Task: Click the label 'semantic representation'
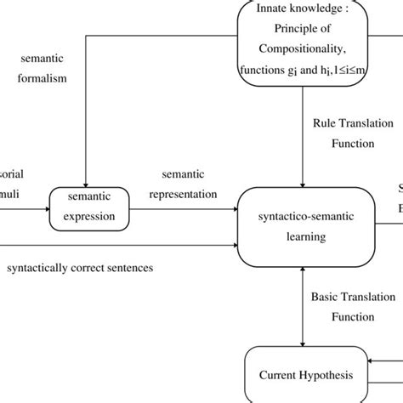183,184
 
